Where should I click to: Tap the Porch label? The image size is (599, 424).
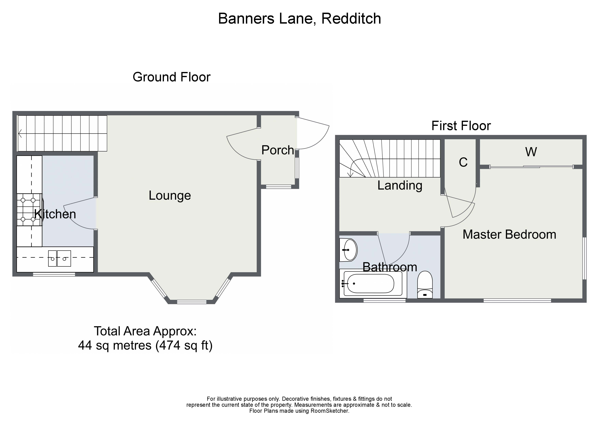(x=278, y=150)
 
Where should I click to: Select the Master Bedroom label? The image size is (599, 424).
(x=509, y=234)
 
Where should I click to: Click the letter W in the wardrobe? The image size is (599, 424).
(x=531, y=152)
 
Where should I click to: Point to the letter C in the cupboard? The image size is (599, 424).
(x=463, y=162)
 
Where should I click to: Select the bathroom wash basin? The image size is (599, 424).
(x=349, y=250)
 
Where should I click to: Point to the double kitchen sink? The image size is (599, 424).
(x=59, y=258)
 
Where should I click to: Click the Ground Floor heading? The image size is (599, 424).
(x=171, y=77)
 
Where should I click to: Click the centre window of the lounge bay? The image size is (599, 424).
(x=192, y=302)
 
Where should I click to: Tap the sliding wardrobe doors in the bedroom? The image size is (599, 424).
(x=531, y=167)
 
